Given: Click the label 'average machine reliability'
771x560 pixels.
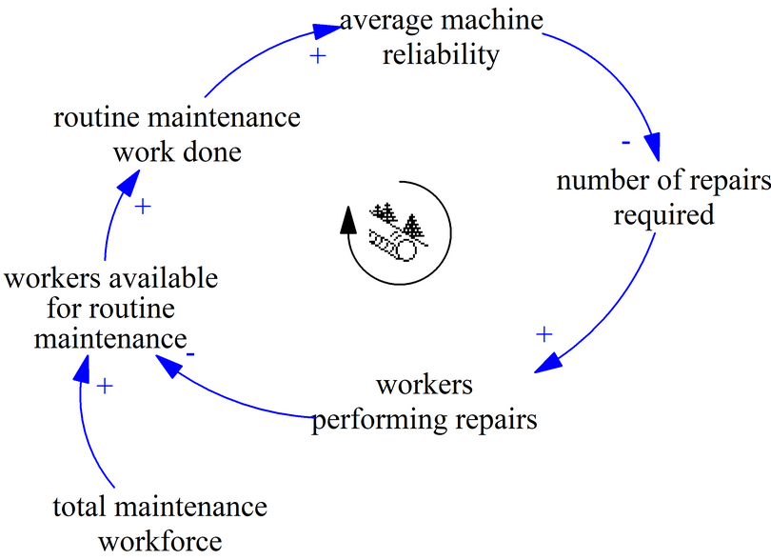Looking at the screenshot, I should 440,37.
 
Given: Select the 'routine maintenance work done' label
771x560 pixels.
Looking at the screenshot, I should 176,134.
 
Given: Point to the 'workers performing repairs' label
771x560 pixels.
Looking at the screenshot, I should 424,402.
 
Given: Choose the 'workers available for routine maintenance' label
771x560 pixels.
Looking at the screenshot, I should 110,308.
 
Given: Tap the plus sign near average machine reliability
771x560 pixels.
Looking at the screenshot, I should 318,56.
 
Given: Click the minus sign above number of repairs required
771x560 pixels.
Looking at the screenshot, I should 625,143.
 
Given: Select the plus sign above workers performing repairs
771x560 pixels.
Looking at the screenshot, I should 544,334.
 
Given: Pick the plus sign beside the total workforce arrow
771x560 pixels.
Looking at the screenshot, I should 105,386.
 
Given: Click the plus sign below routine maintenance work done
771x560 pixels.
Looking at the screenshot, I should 143,206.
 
